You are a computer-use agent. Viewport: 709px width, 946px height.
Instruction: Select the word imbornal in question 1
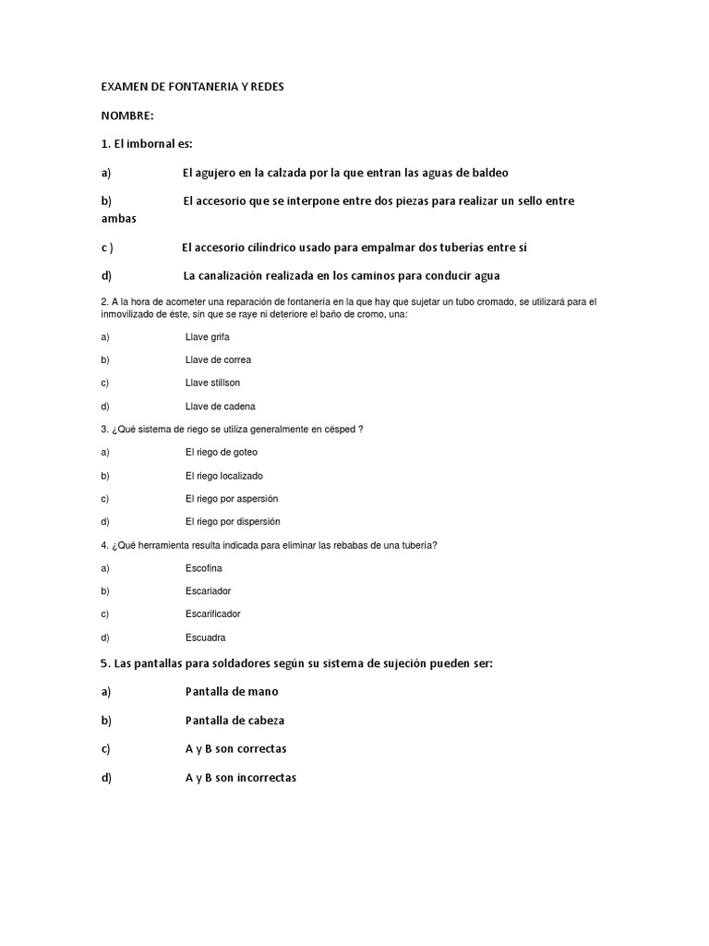[150, 144]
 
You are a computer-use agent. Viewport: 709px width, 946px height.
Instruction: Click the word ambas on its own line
[118, 219]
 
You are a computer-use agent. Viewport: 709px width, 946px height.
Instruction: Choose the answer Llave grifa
[207, 337]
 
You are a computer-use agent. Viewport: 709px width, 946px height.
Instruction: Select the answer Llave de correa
[218, 360]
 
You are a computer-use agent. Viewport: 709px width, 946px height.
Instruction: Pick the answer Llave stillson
[212, 383]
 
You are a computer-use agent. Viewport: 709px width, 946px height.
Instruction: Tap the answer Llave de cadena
[220, 406]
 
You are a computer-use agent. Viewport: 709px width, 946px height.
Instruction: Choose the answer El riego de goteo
[221, 453]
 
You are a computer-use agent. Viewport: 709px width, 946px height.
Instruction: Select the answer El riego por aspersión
[231, 499]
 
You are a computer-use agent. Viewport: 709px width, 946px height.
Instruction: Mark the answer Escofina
[203, 568]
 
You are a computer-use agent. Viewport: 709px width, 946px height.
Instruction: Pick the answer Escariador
[208, 591]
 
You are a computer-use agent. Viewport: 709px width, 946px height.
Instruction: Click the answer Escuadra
[205, 637]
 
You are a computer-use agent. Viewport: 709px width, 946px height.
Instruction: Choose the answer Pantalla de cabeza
[234, 721]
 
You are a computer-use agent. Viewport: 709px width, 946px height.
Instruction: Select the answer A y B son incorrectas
[240, 778]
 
